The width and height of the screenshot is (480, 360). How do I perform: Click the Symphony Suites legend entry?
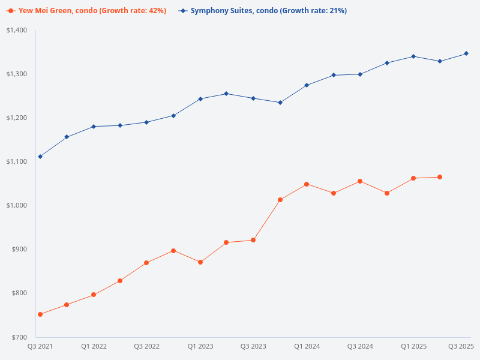[x=264, y=11]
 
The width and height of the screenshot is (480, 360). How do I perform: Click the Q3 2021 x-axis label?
[x=40, y=346]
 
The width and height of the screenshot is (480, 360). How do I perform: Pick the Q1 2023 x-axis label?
[x=200, y=346]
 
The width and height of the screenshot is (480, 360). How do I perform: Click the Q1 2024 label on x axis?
[x=307, y=346]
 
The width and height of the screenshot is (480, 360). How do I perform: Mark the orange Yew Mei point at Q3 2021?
[x=40, y=314]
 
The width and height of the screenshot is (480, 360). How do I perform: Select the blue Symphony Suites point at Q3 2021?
[x=40, y=157]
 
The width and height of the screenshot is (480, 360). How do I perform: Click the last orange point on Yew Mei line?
[x=440, y=177]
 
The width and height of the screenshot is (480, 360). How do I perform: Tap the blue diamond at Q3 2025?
[x=466, y=53]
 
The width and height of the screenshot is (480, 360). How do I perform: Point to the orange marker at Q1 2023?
[x=200, y=262]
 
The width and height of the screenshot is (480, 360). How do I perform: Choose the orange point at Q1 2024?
[x=307, y=184]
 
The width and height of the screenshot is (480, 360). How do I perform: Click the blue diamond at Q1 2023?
[x=200, y=98]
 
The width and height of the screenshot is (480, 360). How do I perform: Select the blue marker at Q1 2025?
[x=413, y=56]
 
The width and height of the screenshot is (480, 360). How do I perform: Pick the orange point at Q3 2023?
[x=253, y=240]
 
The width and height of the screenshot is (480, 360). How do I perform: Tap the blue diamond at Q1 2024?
[x=307, y=85]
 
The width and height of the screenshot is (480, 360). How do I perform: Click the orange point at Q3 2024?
[x=360, y=181]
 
